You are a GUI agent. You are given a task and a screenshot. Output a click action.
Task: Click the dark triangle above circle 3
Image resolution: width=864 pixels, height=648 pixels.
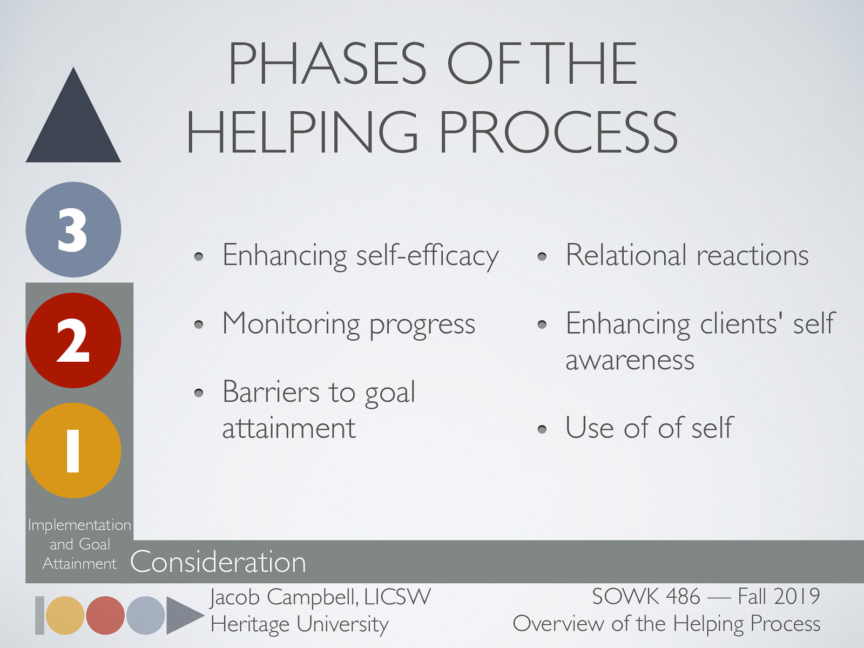point(73,124)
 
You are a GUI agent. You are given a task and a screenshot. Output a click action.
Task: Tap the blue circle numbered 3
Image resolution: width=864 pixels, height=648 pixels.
point(73,230)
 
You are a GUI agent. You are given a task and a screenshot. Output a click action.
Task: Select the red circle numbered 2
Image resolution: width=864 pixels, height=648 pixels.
point(73,340)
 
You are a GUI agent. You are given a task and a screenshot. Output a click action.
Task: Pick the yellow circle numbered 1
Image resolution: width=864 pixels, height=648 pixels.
point(73,450)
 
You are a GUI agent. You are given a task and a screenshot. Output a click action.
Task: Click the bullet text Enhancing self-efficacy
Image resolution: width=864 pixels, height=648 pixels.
point(360,255)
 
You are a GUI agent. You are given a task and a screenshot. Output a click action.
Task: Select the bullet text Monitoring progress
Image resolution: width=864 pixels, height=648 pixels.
point(349,324)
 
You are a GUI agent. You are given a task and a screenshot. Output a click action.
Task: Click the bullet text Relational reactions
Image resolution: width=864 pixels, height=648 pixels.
point(687,255)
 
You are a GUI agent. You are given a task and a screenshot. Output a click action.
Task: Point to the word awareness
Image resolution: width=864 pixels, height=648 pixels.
point(630,360)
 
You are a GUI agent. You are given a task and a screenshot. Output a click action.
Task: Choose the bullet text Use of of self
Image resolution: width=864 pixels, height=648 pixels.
point(650,428)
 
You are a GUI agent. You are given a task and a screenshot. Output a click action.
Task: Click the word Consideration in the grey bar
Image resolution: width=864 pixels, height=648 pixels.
point(218,562)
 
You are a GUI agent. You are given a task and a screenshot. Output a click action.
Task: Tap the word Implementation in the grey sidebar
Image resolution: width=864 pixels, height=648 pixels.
point(79,525)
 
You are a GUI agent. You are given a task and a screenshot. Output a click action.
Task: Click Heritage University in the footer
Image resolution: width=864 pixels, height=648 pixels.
point(300,624)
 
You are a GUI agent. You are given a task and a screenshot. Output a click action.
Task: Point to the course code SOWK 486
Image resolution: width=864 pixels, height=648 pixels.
point(646,597)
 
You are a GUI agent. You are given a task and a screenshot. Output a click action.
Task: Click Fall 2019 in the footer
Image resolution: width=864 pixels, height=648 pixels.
point(779,597)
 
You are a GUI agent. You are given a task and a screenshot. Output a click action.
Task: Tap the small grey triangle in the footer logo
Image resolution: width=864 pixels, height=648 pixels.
point(184,615)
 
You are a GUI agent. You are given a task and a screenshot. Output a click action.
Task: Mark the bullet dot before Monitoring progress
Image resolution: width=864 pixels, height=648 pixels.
point(199,325)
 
